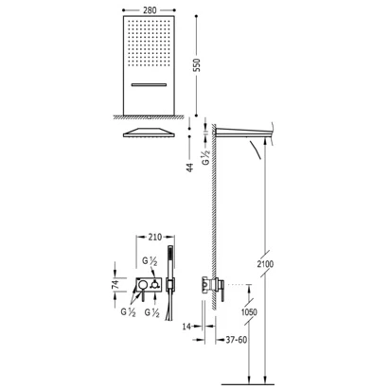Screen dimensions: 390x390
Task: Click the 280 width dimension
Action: pos(150,10)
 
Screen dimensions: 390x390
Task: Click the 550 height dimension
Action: pos(197,64)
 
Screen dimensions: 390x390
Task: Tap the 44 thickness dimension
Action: pos(189,168)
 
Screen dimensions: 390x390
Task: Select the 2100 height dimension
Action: pos(265,264)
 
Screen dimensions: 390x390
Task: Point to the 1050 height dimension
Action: pos(249,312)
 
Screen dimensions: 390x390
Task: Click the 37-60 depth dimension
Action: pos(237,340)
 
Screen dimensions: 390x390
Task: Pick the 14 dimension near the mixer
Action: pos(186,327)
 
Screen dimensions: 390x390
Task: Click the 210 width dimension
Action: pos(155,237)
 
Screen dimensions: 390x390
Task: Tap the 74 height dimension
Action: pos(115,284)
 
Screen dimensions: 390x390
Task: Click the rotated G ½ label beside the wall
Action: pos(205,157)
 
